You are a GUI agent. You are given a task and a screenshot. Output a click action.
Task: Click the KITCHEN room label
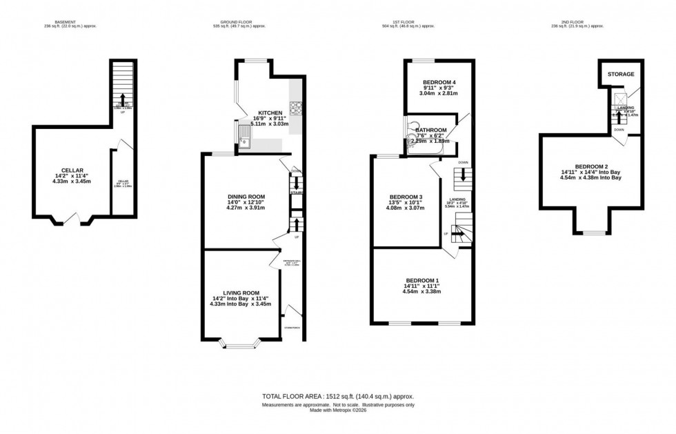pyautogui.click(x=270, y=113)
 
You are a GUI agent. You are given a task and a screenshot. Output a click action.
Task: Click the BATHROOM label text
pyautogui.click(x=431, y=130)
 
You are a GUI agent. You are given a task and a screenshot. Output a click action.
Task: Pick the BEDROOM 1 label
pyautogui.click(x=423, y=279)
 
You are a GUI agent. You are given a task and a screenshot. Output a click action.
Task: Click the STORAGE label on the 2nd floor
pyautogui.click(x=621, y=74)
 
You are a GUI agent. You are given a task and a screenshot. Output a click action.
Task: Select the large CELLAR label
pyautogui.click(x=72, y=170)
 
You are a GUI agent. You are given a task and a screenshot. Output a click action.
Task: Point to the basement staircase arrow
pyautogui.click(x=123, y=99)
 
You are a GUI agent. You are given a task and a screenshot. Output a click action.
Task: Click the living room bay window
pyautogui.click(x=242, y=345)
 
